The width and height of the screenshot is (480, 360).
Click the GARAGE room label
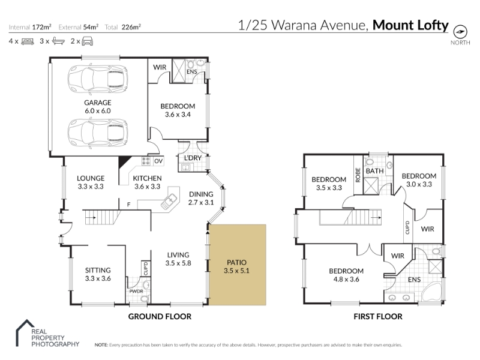coord(98,103)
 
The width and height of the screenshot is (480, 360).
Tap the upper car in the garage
coord(98,79)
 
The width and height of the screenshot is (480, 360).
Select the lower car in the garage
coord(98,133)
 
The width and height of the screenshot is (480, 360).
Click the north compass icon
coord(460,32)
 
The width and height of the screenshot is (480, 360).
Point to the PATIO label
coord(236,262)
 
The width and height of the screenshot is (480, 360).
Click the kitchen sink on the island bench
coord(169,202)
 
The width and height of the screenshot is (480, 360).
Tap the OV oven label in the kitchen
coord(158,161)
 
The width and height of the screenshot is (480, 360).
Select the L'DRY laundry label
coord(193,158)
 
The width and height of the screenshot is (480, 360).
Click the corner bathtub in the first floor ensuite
coord(431,292)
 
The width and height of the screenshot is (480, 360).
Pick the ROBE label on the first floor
coord(358,175)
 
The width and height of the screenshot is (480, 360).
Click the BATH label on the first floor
coord(374,171)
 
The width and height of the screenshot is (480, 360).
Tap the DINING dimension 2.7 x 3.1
coord(201,202)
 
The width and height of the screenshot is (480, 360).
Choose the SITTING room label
coord(98,271)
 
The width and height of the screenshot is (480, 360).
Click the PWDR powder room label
coord(136,291)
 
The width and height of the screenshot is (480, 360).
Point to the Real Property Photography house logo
coord(25,333)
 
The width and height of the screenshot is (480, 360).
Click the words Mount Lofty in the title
coord(410,25)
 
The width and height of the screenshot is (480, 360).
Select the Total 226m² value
coord(131,27)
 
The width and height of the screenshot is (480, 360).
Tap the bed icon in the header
coord(28,41)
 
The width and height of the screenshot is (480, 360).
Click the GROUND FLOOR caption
coord(160,317)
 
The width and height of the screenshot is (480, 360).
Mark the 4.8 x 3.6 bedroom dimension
coord(346,279)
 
